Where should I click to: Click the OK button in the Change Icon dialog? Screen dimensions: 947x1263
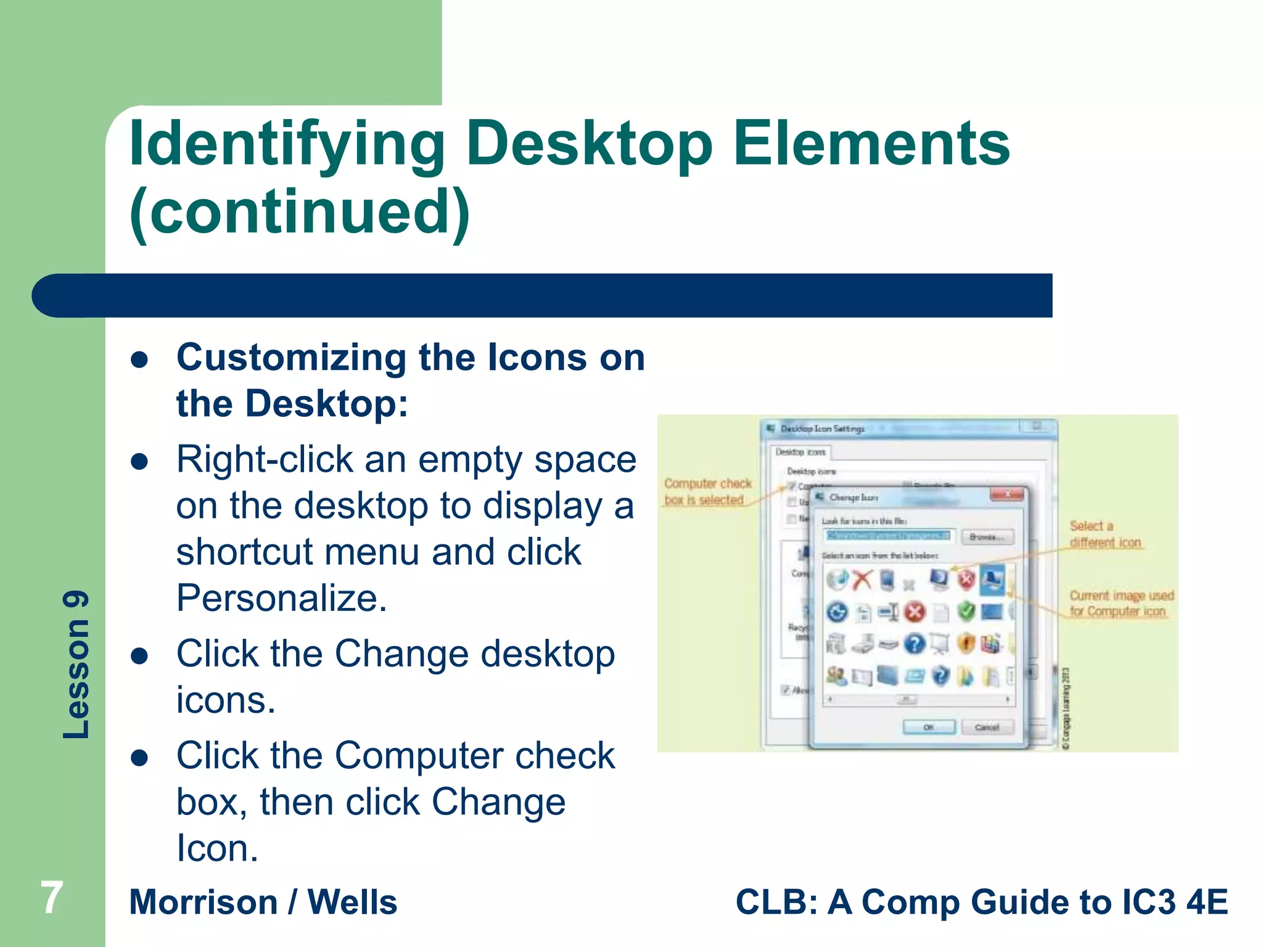click(929, 728)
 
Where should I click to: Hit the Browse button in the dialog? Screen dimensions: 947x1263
click(987, 537)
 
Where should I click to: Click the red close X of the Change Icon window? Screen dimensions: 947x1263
click(1007, 494)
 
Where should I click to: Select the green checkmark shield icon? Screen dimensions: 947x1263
click(966, 612)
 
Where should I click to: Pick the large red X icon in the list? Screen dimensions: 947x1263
click(862, 580)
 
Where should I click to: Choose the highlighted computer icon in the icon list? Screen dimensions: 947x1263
click(992, 580)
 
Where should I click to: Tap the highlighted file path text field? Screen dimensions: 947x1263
click(889, 536)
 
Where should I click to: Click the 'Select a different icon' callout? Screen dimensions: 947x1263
click(1105, 534)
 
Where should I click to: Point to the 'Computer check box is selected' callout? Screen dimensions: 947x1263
click(707, 491)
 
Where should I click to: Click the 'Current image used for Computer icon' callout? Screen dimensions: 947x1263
click(1121, 603)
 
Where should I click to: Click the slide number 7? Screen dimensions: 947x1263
click(52, 898)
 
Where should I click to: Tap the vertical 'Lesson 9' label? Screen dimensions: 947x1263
click(76, 665)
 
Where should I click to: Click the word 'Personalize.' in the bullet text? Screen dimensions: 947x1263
click(282, 597)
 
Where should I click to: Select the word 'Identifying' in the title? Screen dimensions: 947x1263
click(287, 144)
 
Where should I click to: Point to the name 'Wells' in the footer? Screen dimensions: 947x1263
click(352, 902)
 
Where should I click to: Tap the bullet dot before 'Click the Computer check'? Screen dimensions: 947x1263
click(140, 757)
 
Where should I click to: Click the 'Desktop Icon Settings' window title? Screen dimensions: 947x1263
click(822, 428)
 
